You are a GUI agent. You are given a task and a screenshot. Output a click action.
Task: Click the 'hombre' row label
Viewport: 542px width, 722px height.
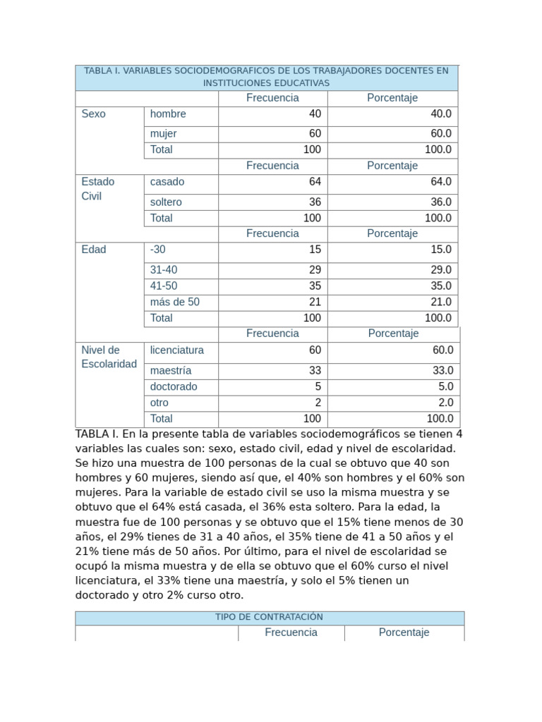(x=168, y=114)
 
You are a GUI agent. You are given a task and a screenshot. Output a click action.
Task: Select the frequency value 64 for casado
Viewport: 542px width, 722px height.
(x=315, y=182)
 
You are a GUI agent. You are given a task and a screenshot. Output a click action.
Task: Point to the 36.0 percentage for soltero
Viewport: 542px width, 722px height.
(x=440, y=202)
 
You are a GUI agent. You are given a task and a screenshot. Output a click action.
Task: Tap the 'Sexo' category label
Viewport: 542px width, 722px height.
(x=94, y=114)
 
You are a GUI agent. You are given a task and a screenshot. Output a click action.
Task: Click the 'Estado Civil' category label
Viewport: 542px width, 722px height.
(x=98, y=189)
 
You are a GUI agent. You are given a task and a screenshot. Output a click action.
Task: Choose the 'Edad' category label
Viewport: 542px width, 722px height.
(x=94, y=250)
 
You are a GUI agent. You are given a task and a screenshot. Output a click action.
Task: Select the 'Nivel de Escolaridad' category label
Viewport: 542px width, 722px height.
(x=109, y=357)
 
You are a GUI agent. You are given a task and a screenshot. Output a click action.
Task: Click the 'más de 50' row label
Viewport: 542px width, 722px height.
(x=175, y=302)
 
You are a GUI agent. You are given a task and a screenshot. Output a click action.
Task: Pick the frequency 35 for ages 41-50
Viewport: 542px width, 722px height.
(x=315, y=286)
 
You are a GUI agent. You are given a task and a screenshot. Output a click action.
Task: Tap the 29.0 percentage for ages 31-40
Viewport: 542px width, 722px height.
(x=440, y=270)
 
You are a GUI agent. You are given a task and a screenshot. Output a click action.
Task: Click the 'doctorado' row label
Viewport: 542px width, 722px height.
(x=174, y=387)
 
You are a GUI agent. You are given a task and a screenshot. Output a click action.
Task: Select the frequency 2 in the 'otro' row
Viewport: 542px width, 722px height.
(x=318, y=403)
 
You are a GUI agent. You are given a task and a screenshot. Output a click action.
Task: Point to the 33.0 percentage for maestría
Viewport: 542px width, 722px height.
(x=442, y=371)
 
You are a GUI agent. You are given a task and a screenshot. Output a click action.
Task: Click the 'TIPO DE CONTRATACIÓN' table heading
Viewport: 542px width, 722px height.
(x=269, y=618)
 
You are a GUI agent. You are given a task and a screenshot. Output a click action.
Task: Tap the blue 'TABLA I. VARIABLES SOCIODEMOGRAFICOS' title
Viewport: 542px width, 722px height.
(x=266, y=77)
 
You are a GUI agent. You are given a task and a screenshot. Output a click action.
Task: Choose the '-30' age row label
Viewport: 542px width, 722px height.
(x=158, y=250)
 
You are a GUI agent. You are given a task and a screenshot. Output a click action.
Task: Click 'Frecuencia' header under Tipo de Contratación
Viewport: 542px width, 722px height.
(x=291, y=633)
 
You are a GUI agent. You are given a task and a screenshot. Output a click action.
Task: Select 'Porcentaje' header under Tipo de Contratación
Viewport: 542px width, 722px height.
(x=404, y=633)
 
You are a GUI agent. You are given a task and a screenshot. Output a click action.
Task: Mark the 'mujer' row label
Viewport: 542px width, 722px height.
(x=164, y=134)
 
